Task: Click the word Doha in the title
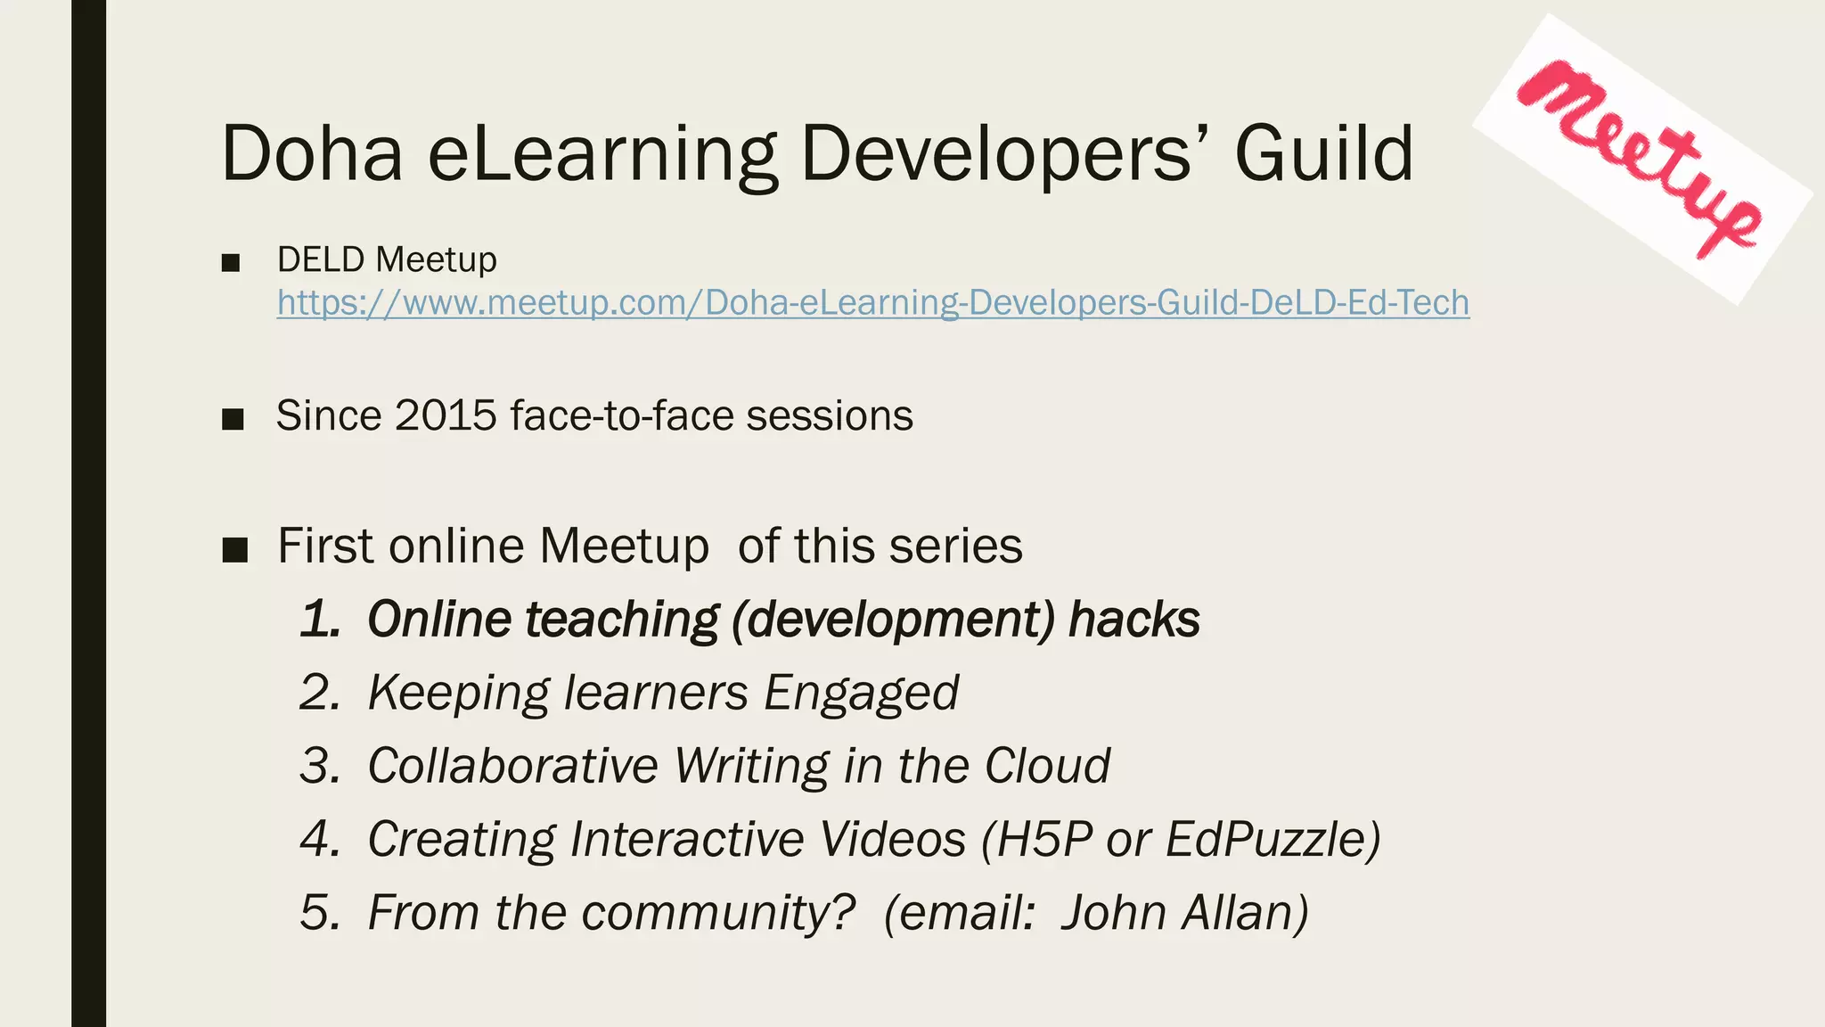(x=312, y=153)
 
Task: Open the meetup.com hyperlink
(x=872, y=303)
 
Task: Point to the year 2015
(x=446, y=415)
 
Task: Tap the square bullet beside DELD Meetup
(x=231, y=262)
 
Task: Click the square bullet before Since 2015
(x=233, y=418)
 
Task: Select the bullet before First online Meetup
(x=234, y=549)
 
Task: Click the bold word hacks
(x=1133, y=619)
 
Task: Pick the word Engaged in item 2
(x=861, y=694)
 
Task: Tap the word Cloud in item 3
(x=1047, y=766)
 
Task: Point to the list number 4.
(x=319, y=839)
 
